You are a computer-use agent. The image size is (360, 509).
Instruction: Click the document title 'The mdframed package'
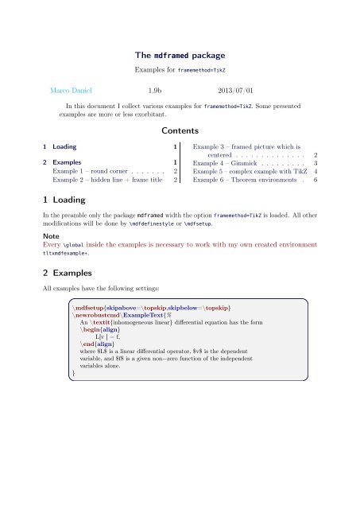click(x=180, y=56)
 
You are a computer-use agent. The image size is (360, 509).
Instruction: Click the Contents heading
click(x=180, y=130)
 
